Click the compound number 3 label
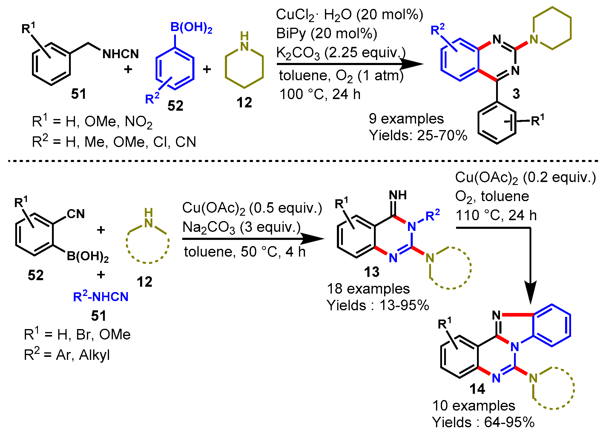pos(516,94)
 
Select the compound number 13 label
pos(372,272)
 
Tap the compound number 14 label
pos(477,389)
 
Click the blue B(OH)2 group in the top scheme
pos(191,27)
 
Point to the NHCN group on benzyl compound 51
pos(121,54)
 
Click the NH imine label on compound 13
pos(398,195)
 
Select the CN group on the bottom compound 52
pos(76,214)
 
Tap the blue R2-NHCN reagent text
pos(101,297)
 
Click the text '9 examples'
pos(406,118)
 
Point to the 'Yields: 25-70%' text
pos(418,135)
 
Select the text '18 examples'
pos(368,289)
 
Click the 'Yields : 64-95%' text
pos(483,422)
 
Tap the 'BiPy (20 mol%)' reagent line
pos(326,33)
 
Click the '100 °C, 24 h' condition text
pos(320,94)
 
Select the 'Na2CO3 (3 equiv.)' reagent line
pos(241,227)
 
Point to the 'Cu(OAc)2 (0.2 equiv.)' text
pos(525,178)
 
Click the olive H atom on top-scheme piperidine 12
pos(244,36)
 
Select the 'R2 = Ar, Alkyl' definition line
pos(67,355)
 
